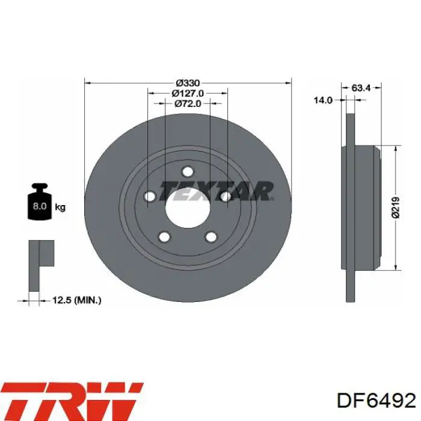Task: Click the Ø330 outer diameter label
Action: point(188,83)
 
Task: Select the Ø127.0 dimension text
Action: point(188,93)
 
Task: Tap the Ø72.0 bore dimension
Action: point(188,103)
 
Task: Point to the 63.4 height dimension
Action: point(361,88)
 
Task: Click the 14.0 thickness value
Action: point(324,100)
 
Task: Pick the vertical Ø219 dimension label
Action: point(396,207)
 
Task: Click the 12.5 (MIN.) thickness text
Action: point(77,300)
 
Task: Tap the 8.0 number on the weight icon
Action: point(40,206)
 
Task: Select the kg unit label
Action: point(60,207)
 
